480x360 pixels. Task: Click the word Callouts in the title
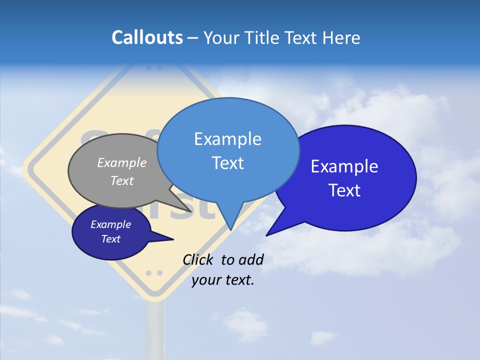(147, 37)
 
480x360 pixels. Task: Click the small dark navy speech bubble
(111, 232)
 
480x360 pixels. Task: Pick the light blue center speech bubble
(228, 150)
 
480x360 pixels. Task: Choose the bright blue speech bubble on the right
(350, 177)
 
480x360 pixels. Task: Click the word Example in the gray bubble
(122, 162)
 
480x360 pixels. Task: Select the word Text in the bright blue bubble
(344, 190)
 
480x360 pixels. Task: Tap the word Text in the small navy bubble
(111, 239)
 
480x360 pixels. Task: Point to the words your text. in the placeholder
(223, 280)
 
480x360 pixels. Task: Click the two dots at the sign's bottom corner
(154, 273)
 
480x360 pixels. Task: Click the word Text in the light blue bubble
(228, 163)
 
